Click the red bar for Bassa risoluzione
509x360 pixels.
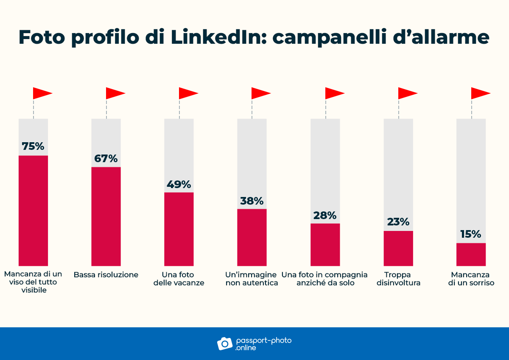pos(106,217)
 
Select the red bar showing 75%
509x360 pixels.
pos(33,211)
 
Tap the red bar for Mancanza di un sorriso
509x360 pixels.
pos(471,254)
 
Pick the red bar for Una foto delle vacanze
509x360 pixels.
pos(179,229)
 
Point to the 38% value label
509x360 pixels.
pos(252,201)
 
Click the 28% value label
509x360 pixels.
pos(325,215)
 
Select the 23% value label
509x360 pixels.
pos(398,222)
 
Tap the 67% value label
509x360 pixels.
pos(106,159)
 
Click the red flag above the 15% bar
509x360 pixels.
pos(480,93)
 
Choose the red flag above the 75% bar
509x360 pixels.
pos(42,93)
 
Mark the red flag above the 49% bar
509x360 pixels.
pos(188,93)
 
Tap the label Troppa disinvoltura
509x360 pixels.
pos(398,279)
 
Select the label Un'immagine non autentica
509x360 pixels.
pos(252,279)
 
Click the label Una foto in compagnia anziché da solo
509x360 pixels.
pos(325,279)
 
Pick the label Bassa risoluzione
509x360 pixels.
pos(106,275)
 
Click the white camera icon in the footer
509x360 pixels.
pos(225,343)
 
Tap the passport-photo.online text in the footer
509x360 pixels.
pos(263,344)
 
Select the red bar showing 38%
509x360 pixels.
pos(252,237)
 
